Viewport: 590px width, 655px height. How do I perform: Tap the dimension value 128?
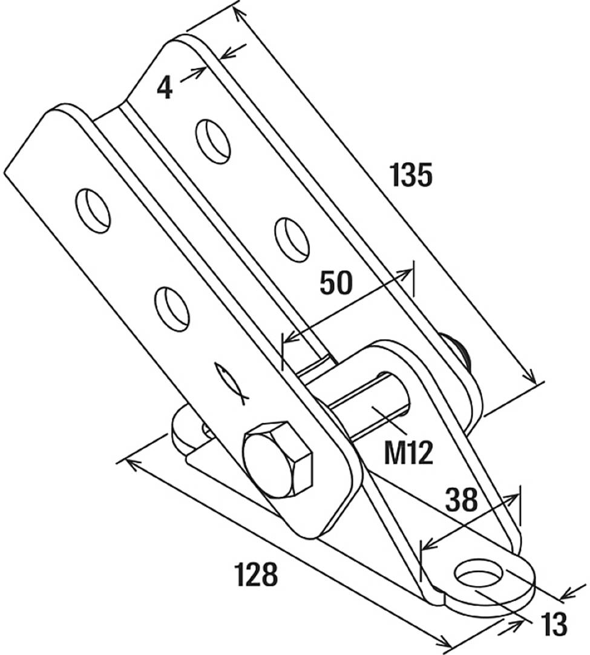pos(256,574)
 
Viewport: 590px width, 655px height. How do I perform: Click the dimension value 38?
pos(462,500)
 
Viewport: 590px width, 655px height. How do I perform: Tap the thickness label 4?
pos(164,88)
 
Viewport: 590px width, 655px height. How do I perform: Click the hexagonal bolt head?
pos(278,458)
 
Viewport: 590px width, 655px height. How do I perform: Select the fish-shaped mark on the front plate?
pos(231,383)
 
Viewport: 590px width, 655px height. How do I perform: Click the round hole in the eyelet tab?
pos(480,573)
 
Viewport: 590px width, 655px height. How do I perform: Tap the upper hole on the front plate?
pos(94,210)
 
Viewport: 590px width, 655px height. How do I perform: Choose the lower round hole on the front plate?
pos(172,309)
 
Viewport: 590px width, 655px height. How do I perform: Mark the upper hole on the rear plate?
pos(214,141)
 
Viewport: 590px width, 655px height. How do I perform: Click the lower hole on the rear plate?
pos(292,240)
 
